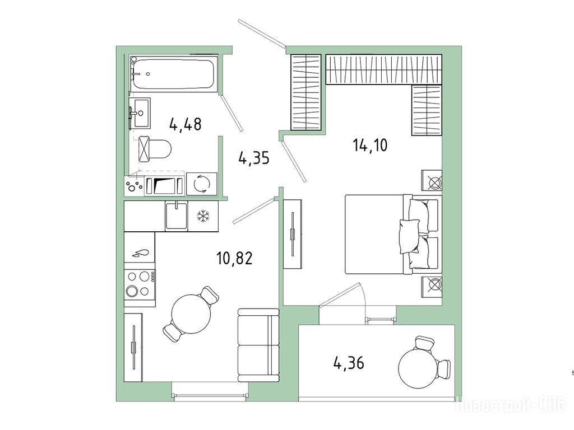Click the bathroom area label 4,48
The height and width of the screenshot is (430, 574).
185,124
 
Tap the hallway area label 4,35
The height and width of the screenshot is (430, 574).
254,158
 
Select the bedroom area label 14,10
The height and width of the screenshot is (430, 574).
370,145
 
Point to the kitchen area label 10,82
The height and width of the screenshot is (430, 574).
235,259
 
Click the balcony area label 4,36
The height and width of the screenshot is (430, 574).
349,363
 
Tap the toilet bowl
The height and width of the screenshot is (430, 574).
155,149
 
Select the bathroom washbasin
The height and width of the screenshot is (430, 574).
140,113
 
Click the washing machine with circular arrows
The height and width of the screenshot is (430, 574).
202,184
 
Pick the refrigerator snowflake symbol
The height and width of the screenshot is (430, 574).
202,216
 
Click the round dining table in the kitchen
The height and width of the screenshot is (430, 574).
191,314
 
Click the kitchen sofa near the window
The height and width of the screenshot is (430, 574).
258,345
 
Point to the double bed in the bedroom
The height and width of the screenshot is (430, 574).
394,235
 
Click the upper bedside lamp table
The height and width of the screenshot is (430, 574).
432,180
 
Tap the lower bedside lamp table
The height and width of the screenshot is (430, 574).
432,287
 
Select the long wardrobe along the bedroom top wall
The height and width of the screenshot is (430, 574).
383,69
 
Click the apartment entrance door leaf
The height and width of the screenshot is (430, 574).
261,34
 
